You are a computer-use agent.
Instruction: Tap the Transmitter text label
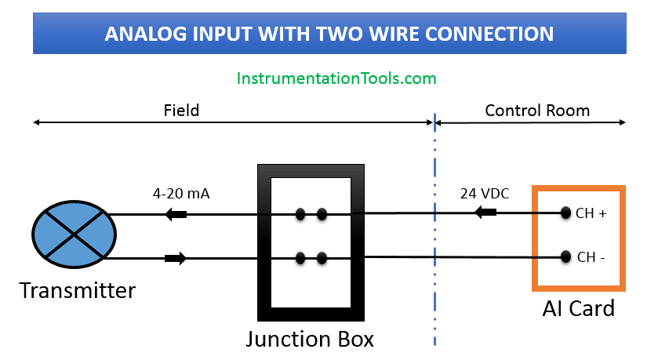pos(77,291)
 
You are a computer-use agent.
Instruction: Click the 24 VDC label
pos(485,191)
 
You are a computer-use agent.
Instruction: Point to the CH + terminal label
pos(591,213)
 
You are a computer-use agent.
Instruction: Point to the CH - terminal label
pos(591,256)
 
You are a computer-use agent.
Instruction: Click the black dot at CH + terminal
pos(565,213)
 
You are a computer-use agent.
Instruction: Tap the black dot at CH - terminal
pos(565,256)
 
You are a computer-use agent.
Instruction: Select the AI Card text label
pos(578,308)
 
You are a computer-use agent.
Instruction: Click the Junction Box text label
pos(310,339)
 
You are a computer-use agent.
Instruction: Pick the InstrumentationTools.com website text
pos(336,78)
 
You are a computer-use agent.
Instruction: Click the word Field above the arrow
pos(181,111)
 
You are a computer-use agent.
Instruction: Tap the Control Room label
pos(537,111)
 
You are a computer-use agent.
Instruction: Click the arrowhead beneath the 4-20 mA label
pos(176,214)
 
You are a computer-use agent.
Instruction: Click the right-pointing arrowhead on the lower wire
pos(176,257)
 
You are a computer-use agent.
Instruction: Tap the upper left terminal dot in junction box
pos(300,213)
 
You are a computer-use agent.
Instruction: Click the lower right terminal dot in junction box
pos(322,256)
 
